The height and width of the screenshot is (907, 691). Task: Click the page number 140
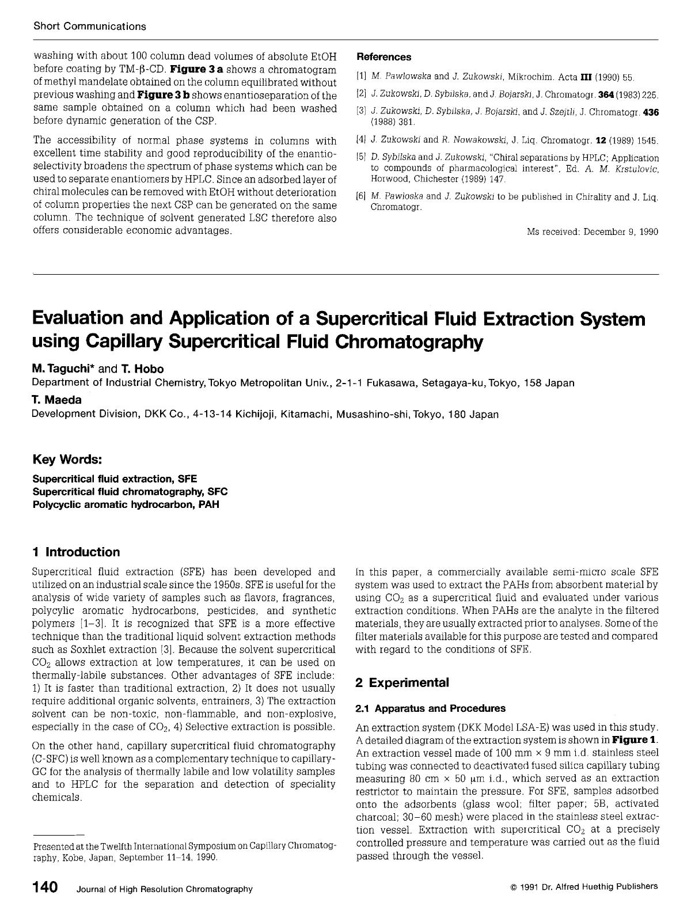point(45,887)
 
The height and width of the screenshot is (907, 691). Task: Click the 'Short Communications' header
point(90,26)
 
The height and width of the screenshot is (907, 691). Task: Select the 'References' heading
point(384,57)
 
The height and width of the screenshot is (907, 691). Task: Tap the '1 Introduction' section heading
point(77,552)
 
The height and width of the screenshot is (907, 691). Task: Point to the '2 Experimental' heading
point(402,683)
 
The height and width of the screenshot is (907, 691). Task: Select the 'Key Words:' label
point(67,460)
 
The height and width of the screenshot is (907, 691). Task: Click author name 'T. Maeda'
point(56,400)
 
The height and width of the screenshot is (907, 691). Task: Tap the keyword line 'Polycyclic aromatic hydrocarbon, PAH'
point(126,504)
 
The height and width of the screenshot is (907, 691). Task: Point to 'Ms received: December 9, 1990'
point(593,232)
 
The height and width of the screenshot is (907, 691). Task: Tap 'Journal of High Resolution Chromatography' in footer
point(165,889)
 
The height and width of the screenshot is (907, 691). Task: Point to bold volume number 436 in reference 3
point(650,113)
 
